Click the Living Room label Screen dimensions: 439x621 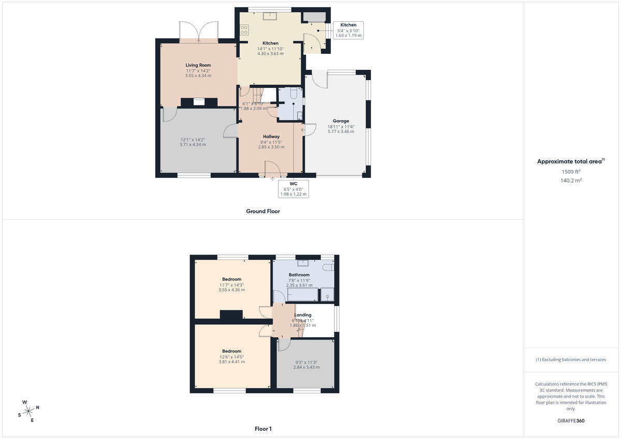[x=198, y=65]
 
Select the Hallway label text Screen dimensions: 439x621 [x=271, y=137]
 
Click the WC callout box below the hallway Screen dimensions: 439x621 [x=293, y=189]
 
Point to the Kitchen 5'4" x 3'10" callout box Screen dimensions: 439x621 [x=348, y=31]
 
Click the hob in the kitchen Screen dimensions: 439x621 [x=244, y=29]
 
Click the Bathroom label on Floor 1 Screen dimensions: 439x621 [x=299, y=275]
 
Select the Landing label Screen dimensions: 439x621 [x=303, y=315]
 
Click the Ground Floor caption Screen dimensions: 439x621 [x=263, y=211]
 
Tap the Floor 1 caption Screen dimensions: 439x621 [x=263, y=429]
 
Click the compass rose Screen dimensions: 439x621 [x=28, y=411]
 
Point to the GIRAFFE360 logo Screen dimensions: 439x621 [x=571, y=421]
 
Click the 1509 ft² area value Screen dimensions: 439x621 [x=571, y=171]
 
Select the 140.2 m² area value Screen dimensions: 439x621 [x=571, y=180]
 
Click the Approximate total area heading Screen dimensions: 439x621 [x=570, y=161]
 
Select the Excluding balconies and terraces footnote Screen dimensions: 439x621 [x=571, y=359]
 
